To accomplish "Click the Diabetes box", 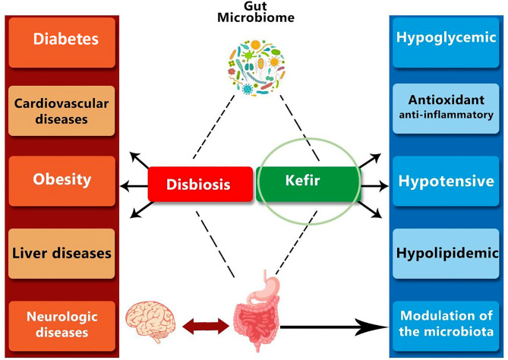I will coord(62,37).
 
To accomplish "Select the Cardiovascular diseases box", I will coord(62,109).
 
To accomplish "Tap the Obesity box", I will coord(62,181).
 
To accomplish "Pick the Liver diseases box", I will coord(62,253).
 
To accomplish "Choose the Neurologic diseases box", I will coord(62,325).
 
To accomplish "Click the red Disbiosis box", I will coord(200,185).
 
